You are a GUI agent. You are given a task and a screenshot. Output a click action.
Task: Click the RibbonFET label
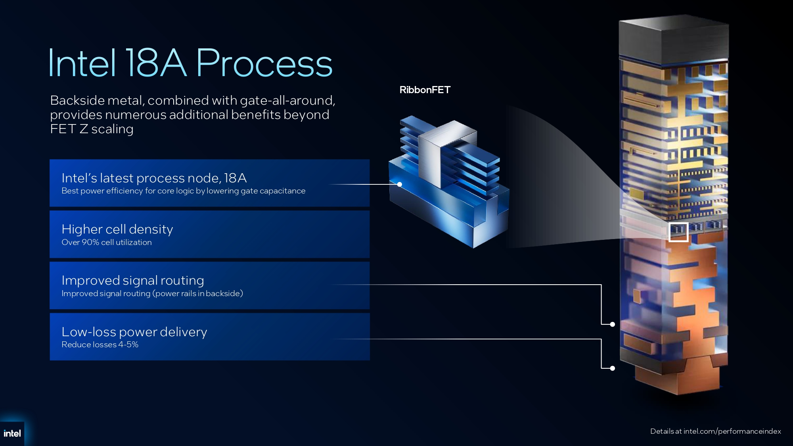pos(425,90)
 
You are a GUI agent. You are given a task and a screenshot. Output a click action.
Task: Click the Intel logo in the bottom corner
pos(12,433)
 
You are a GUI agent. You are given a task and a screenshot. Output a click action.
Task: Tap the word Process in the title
pos(264,63)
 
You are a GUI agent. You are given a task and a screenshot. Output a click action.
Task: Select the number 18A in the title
pos(155,63)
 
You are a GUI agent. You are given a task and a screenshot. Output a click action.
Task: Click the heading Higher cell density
pos(117,229)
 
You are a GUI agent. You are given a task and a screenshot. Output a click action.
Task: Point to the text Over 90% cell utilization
pos(107,242)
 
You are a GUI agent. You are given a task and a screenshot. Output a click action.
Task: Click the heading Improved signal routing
pos(133,280)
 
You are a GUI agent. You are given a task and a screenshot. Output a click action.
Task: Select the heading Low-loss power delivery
pos(134,332)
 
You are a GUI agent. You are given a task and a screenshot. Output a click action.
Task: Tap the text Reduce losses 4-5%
pos(100,345)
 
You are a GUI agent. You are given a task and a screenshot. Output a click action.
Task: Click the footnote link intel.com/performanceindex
pos(732,431)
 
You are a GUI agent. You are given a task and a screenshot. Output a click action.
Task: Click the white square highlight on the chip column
pos(678,232)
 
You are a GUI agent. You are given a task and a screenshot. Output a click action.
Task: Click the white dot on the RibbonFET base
pos(400,184)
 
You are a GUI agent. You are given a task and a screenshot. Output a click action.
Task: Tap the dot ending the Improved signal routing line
pos(613,324)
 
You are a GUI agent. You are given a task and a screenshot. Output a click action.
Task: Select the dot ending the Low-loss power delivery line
pos(613,368)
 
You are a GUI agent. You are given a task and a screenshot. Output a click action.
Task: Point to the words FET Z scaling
pos(92,129)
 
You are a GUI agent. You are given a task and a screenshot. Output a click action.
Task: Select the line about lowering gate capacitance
pos(183,191)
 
